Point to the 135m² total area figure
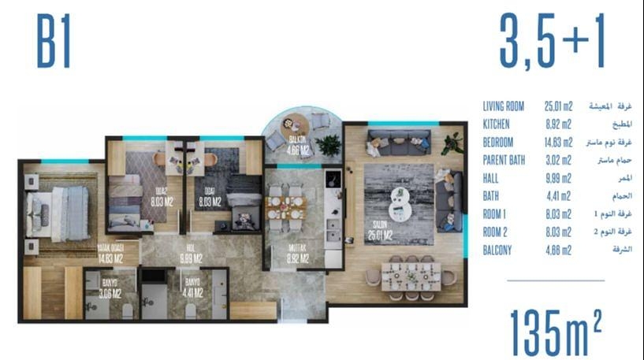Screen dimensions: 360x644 tap(555, 330)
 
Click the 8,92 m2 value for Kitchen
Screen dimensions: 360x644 tap(559, 124)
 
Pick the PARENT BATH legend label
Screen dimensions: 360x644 tap(505, 161)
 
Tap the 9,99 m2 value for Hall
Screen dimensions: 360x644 tap(559, 179)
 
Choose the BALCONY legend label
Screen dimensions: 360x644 tap(499, 251)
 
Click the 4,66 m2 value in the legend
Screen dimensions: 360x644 tap(559, 251)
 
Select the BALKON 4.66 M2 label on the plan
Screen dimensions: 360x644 tap(297, 149)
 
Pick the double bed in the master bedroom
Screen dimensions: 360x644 tap(57, 211)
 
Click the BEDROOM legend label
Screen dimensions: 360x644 tap(498, 143)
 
